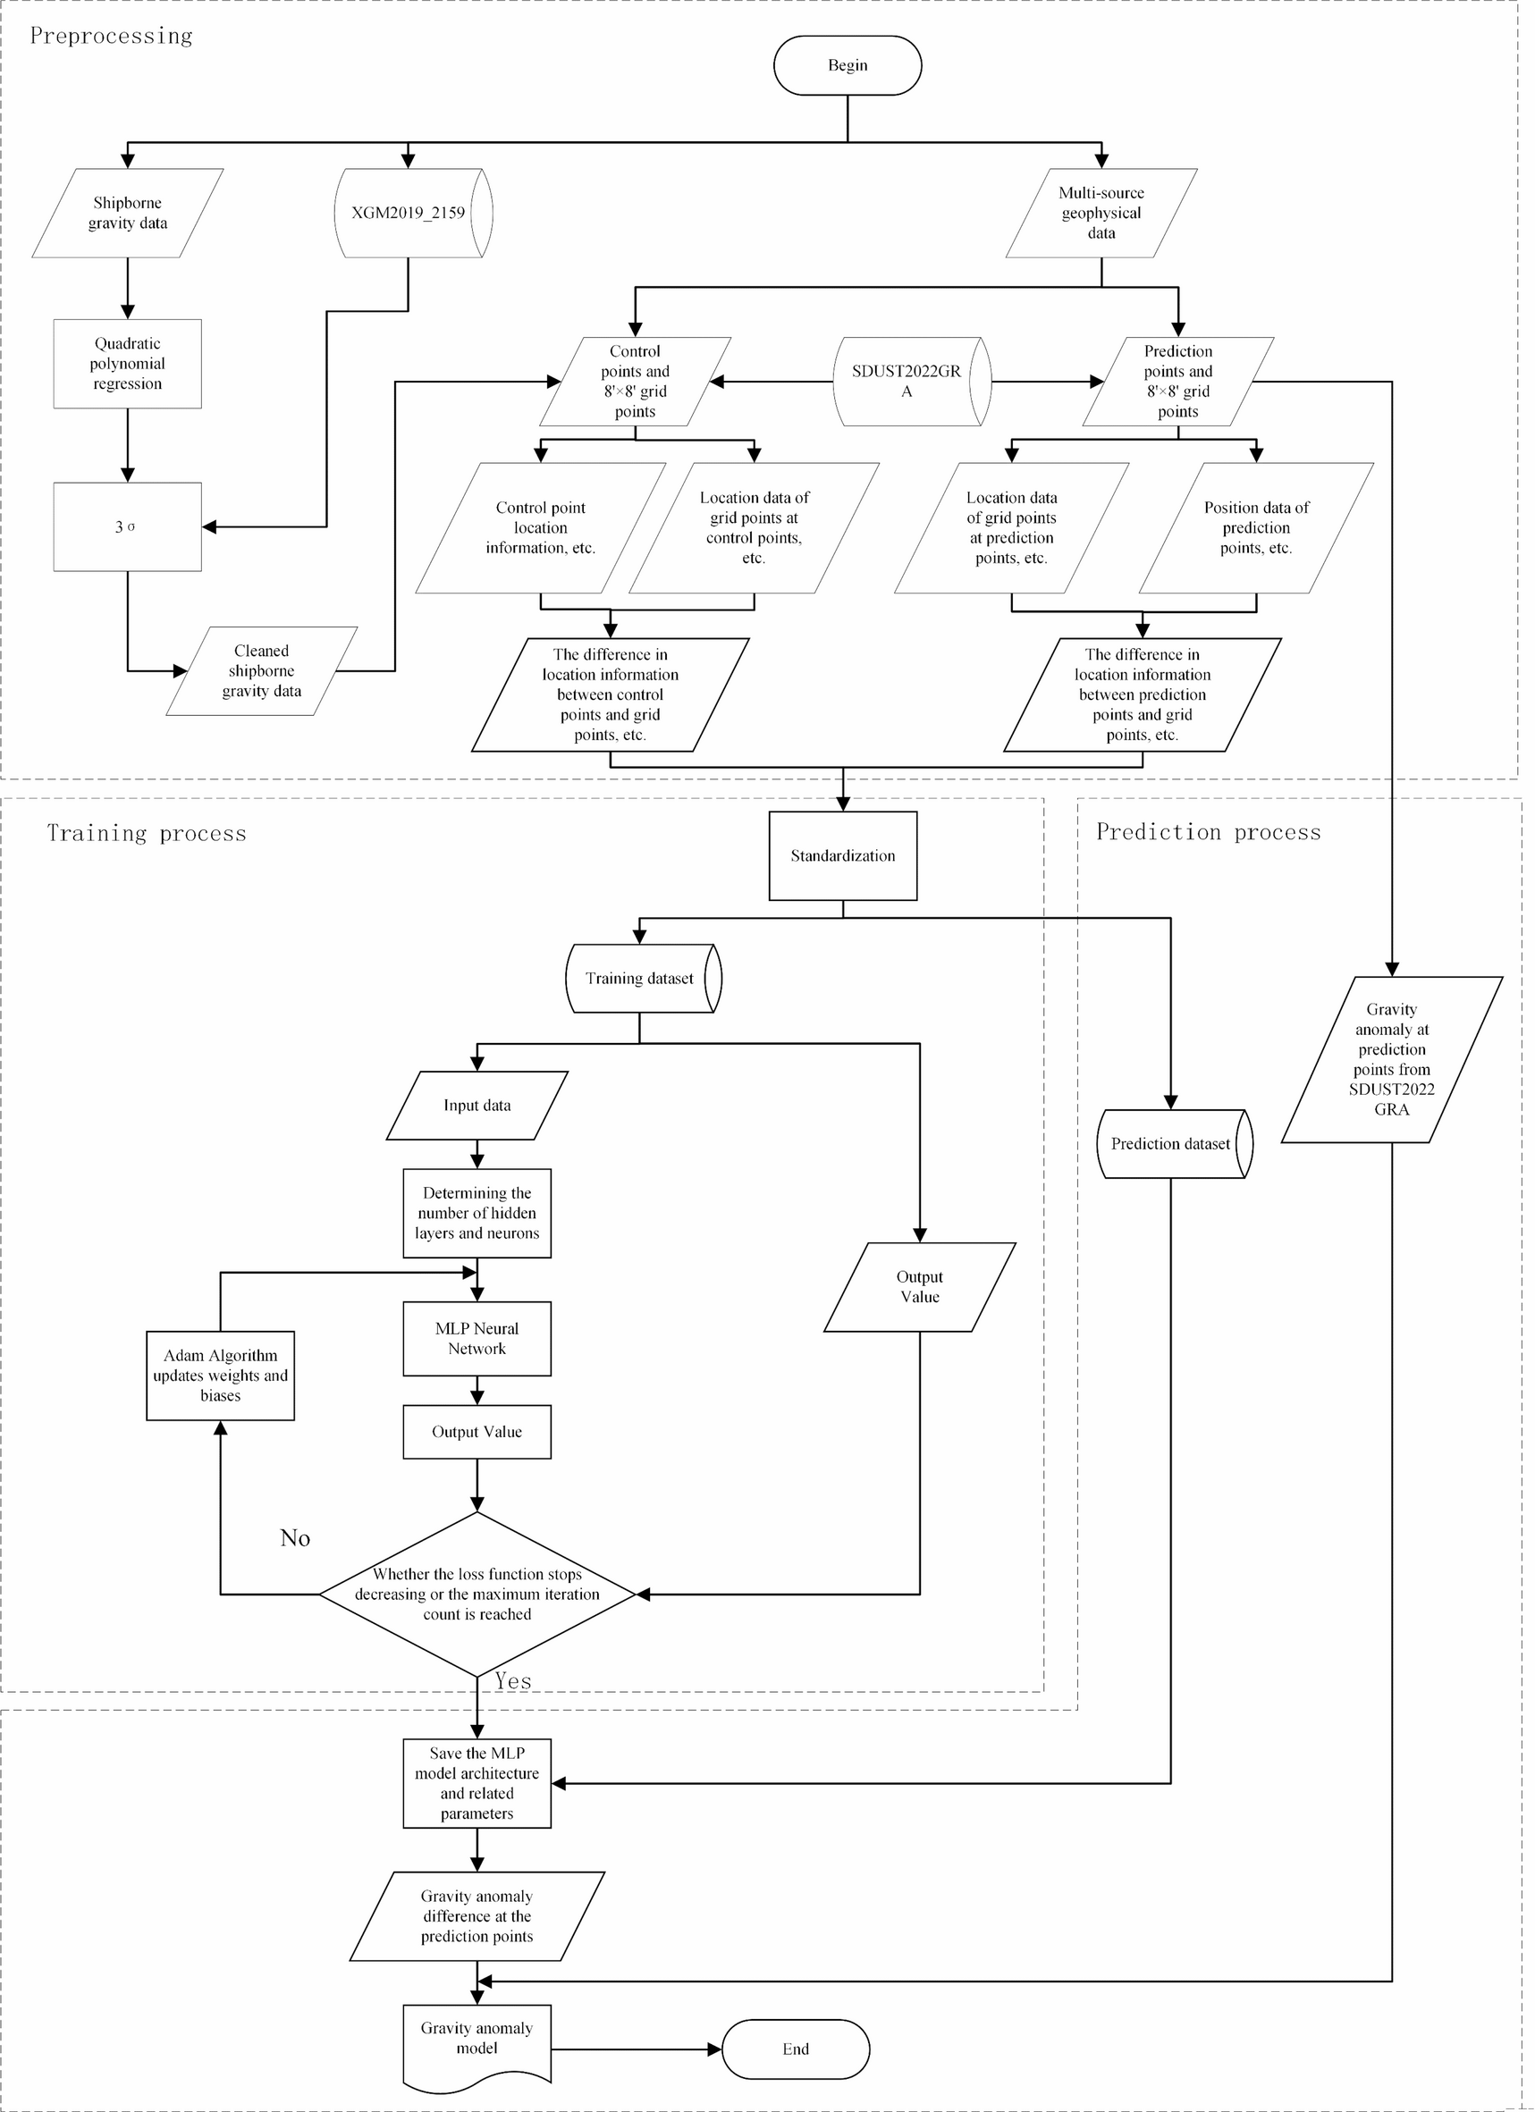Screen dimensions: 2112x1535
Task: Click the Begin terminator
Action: coord(847,65)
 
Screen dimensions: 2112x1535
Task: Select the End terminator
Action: coord(796,2049)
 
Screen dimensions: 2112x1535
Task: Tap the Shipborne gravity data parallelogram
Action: coord(128,214)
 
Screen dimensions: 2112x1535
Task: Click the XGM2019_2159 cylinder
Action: coord(409,214)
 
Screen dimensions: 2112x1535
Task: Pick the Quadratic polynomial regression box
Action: coord(128,363)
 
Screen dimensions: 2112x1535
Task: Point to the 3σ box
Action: coord(128,526)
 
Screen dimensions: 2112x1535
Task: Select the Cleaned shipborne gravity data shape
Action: coord(262,670)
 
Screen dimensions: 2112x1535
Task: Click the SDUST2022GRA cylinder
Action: coord(907,382)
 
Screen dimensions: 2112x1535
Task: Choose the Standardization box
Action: coord(843,855)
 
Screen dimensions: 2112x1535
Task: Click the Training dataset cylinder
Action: coord(640,979)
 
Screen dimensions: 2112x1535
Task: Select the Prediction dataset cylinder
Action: coord(1171,1143)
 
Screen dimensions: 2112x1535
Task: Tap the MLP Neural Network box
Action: coord(477,1338)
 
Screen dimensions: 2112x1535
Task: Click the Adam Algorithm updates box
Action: coord(221,1376)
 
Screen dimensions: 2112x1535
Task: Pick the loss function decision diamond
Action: coord(477,1594)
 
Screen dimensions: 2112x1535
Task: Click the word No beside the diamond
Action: coord(295,1538)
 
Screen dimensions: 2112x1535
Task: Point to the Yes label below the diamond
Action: coord(513,1682)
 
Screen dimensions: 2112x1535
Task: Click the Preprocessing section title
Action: coord(112,37)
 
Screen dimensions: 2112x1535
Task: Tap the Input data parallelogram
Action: coord(477,1106)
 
